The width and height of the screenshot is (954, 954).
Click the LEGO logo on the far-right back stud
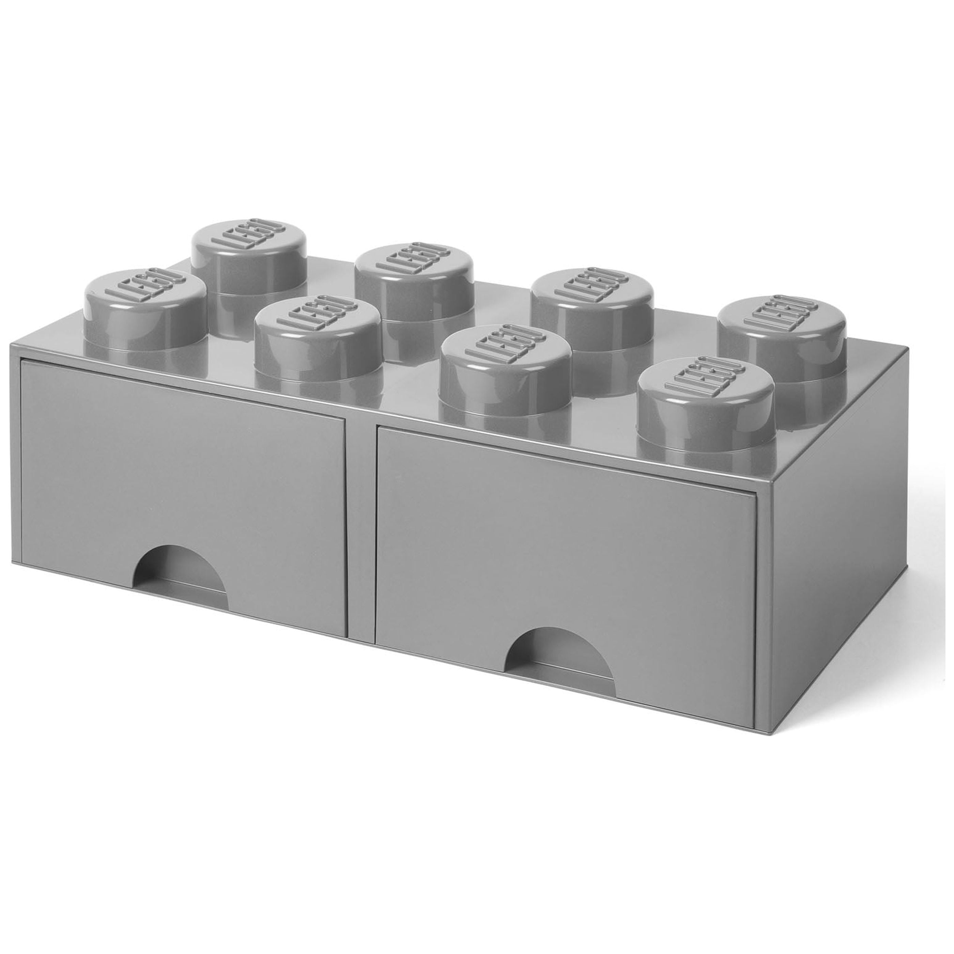click(783, 316)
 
